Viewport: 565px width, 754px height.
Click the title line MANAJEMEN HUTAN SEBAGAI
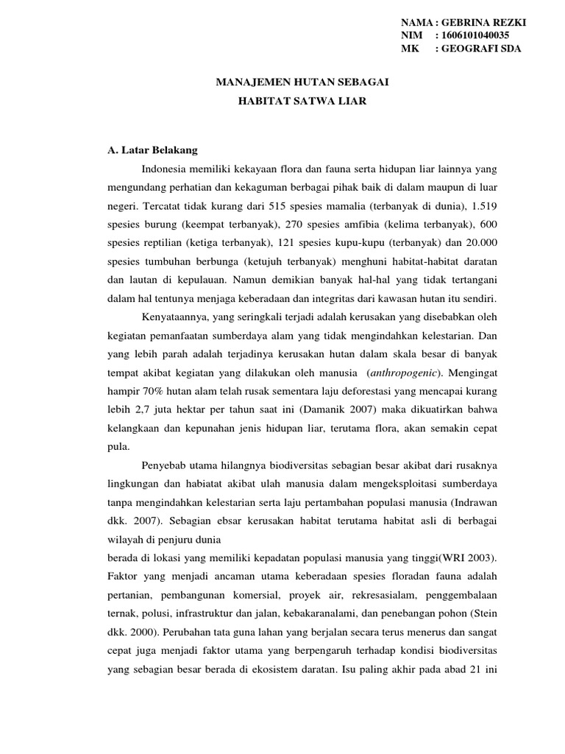[302, 83]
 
